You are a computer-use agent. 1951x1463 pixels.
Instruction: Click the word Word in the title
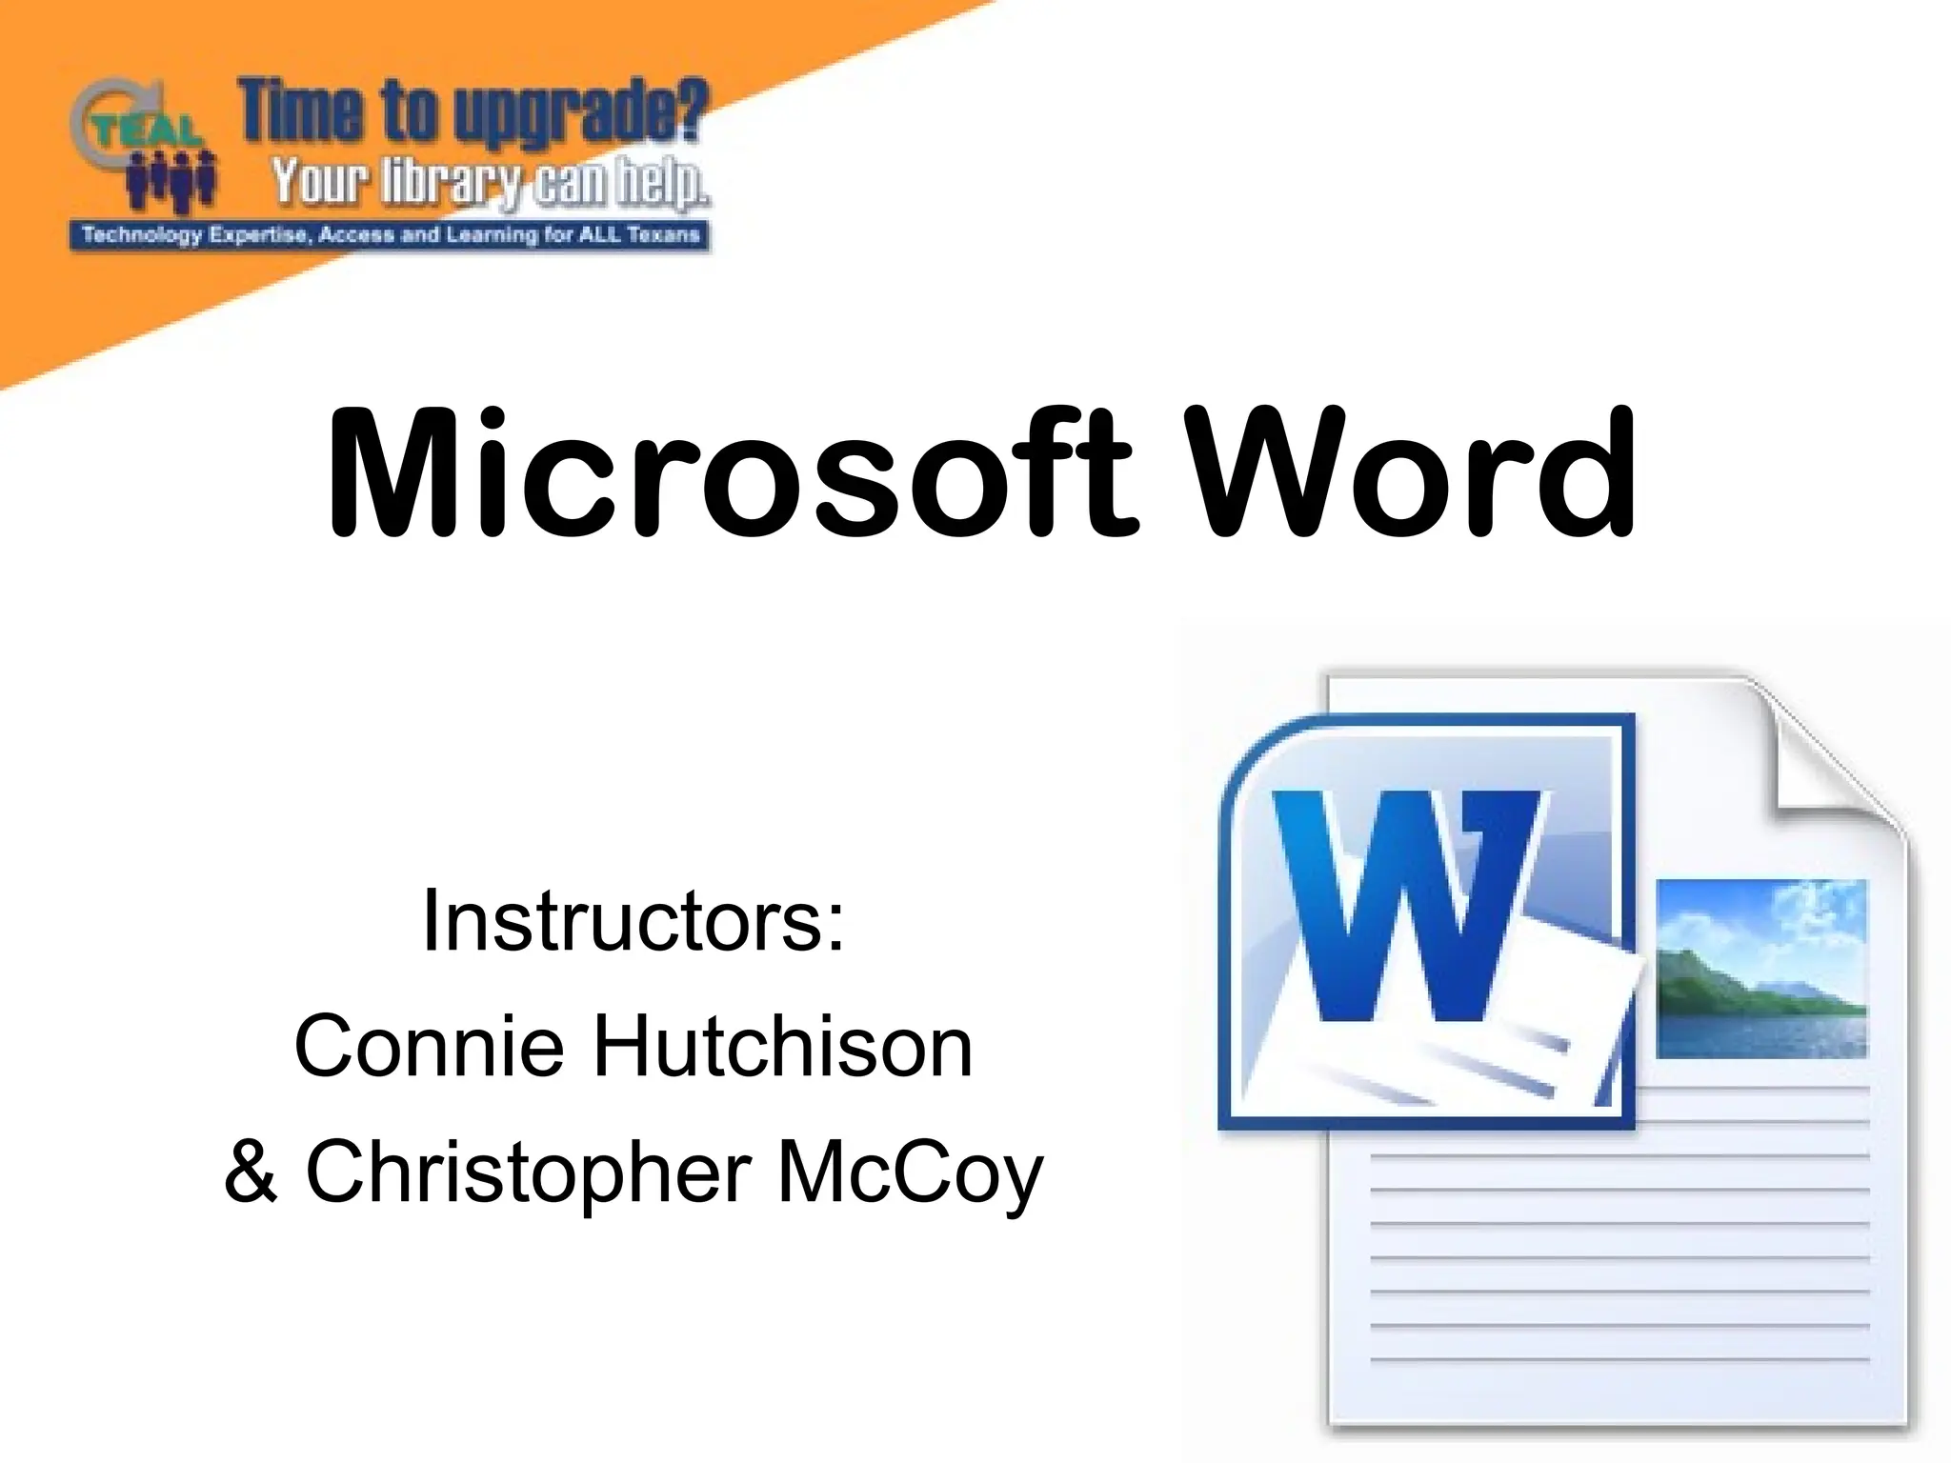pyautogui.click(x=1414, y=473)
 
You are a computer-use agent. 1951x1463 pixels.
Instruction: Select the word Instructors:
pyautogui.click(x=633, y=921)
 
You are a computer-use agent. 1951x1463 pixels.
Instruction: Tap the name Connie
pyautogui.click(x=430, y=1047)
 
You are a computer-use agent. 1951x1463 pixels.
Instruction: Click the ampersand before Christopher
pyautogui.click(x=251, y=1172)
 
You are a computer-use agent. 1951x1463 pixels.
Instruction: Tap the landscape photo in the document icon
pyautogui.click(x=1761, y=969)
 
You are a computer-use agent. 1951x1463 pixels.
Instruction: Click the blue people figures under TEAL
pyautogui.click(x=171, y=181)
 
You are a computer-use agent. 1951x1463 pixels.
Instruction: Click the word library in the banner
pyautogui.click(x=448, y=181)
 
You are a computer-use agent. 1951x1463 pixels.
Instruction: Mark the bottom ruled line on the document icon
pyautogui.click(x=1619, y=1360)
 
